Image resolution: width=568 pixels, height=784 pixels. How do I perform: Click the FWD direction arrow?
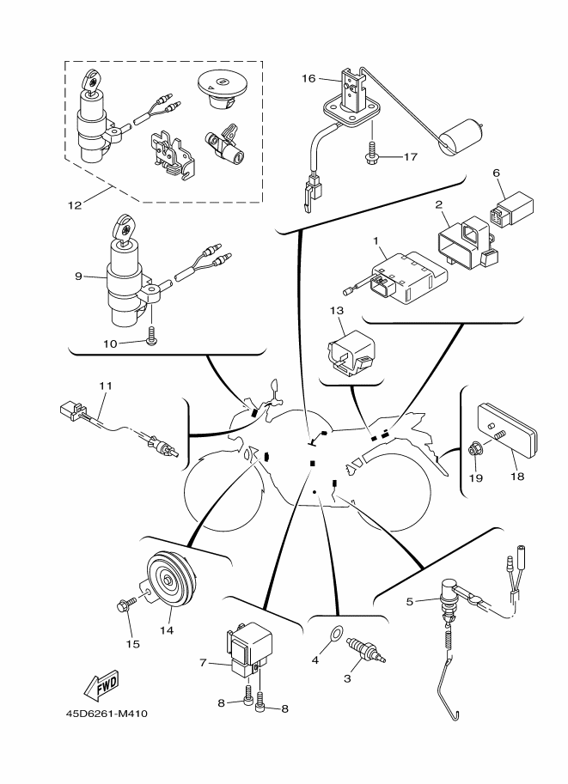tap(101, 684)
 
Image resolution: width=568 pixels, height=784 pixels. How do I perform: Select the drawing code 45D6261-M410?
tap(112, 713)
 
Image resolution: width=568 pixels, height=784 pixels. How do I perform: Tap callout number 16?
tap(308, 78)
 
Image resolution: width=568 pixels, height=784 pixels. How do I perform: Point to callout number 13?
tap(337, 310)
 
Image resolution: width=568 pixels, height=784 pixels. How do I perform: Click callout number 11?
tap(105, 386)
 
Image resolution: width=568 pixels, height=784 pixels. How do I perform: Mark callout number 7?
tap(204, 663)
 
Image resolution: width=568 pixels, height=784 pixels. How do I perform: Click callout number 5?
tap(411, 601)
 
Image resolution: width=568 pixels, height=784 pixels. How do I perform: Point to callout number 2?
tap(438, 205)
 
